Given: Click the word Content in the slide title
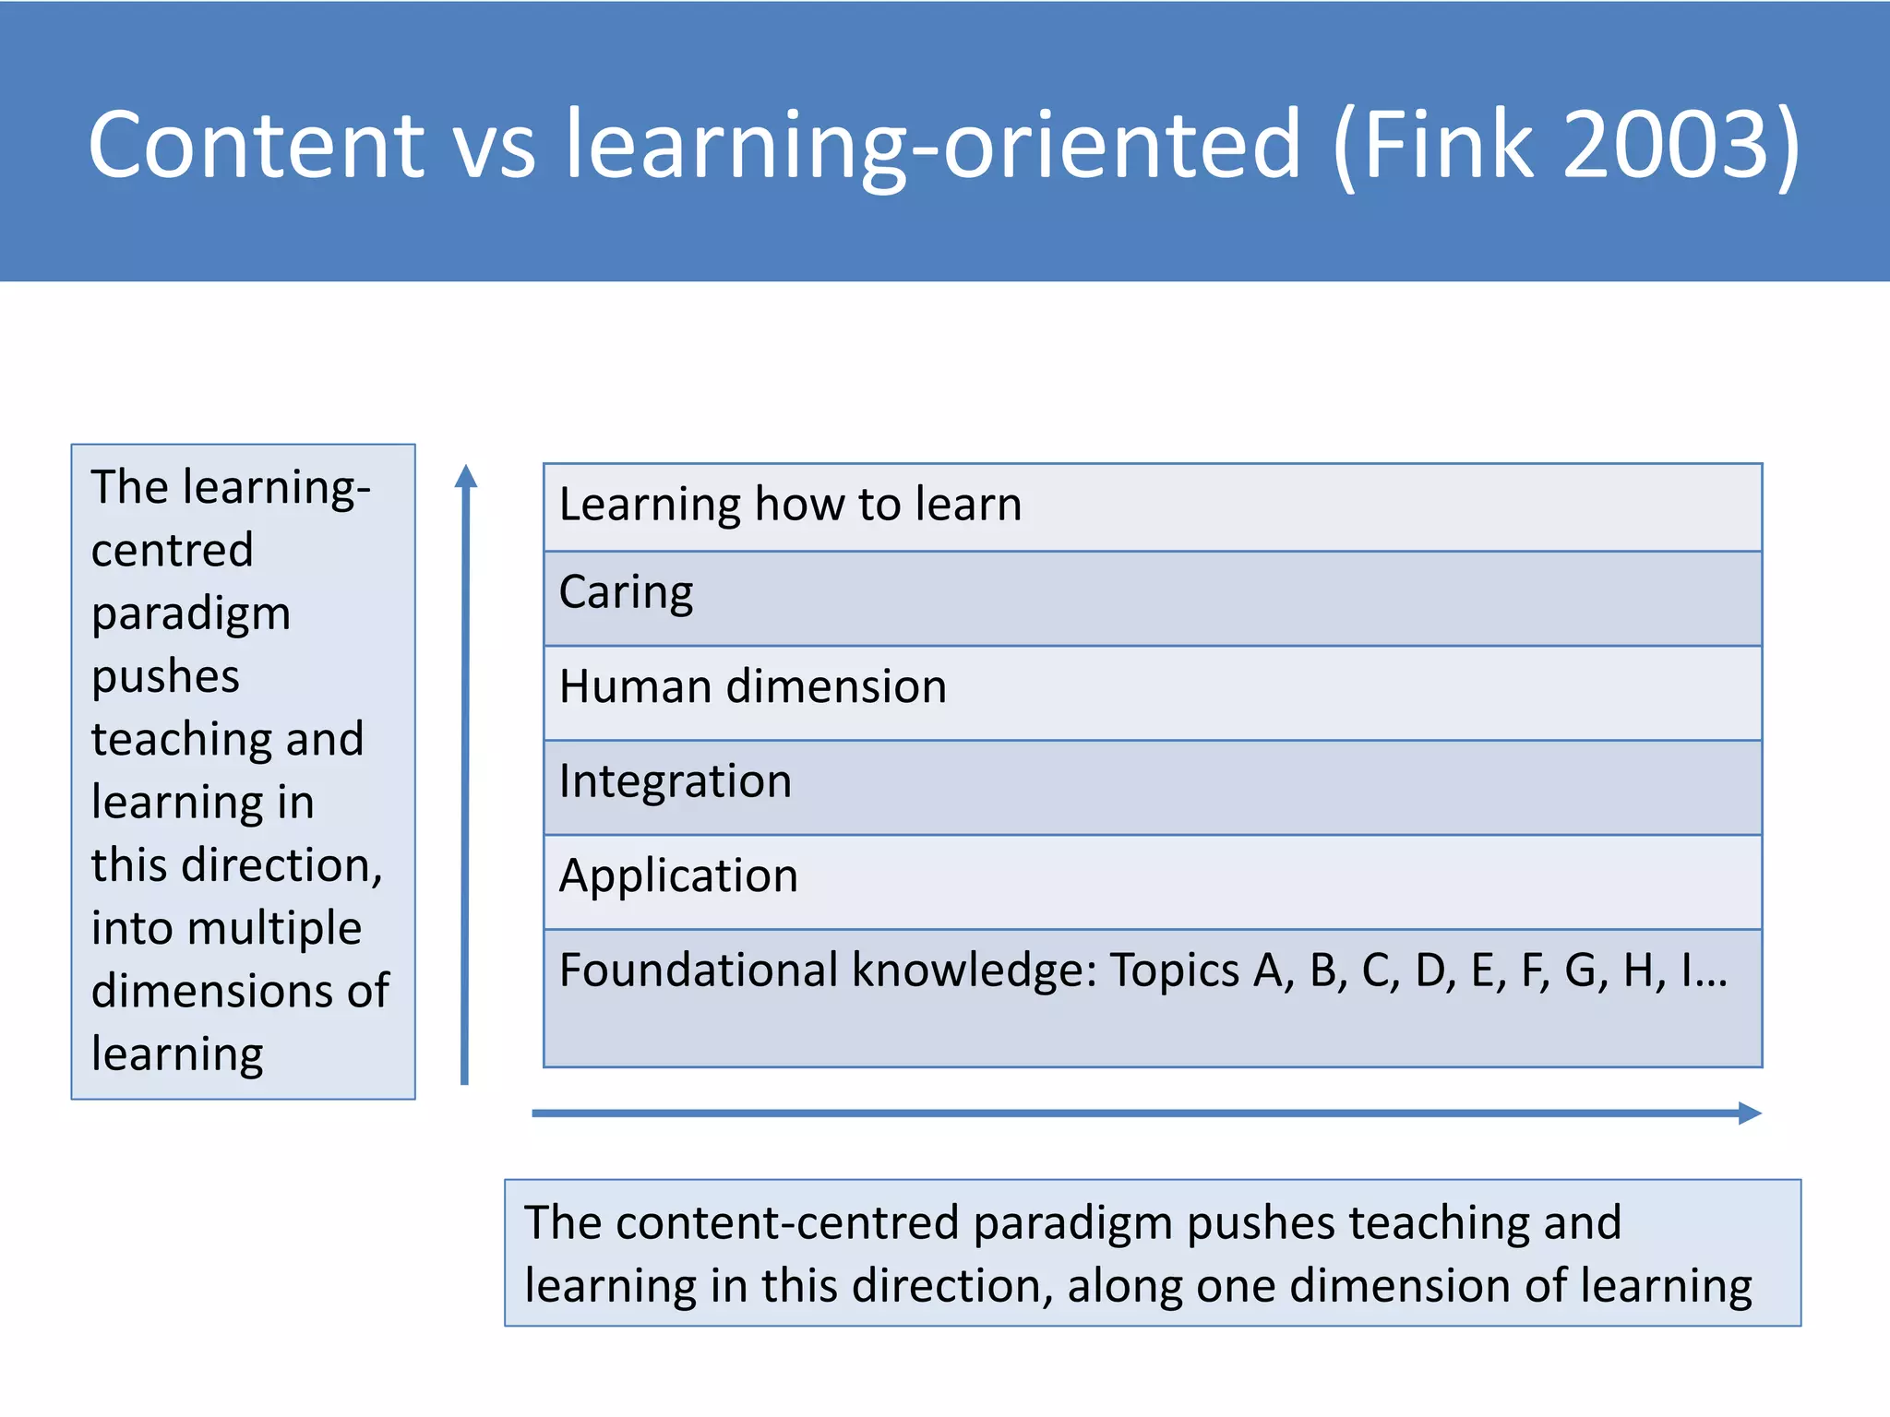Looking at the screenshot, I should click(256, 145).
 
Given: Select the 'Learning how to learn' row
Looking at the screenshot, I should click(790, 505).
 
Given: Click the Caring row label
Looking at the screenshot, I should click(626, 592).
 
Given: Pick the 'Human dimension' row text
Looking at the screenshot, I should click(752, 687).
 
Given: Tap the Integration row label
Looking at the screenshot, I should click(675, 781).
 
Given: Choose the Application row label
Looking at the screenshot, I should click(678, 875).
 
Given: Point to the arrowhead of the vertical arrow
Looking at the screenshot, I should click(466, 476).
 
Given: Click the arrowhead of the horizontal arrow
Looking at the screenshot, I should click(1749, 1113).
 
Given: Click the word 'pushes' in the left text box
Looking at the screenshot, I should click(165, 677).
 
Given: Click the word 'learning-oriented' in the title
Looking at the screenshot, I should click(933, 145).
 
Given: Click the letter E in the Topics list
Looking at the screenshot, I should click(1481, 970).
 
